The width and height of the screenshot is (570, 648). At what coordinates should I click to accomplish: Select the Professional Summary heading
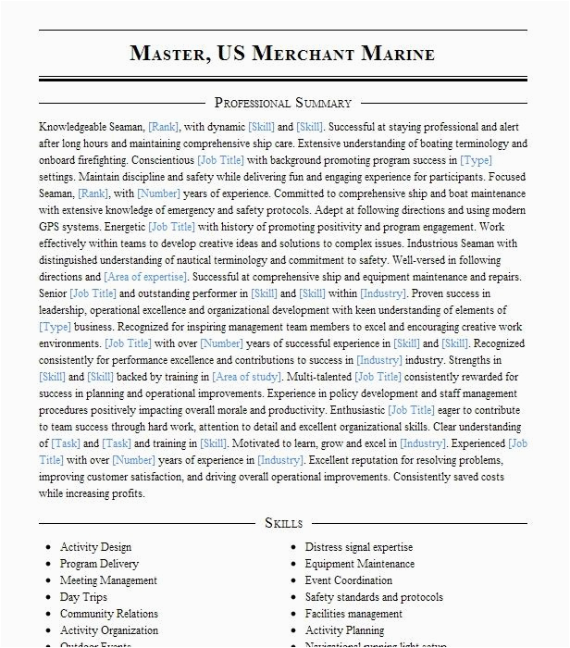point(283,103)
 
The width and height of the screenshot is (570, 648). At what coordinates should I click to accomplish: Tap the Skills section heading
point(284,523)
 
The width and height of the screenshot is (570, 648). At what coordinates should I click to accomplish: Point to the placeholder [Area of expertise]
point(144,277)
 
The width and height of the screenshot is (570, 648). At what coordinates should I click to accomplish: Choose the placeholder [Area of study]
point(247,377)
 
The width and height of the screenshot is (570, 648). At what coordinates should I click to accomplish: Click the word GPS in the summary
point(52,227)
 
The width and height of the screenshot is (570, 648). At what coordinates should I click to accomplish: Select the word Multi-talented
point(319,377)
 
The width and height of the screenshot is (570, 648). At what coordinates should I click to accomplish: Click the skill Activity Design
point(95,547)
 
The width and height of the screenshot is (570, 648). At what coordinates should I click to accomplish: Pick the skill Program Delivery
point(99,564)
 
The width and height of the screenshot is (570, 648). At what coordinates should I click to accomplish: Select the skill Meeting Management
point(108,580)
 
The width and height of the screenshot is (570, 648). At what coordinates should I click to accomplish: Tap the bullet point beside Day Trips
point(49,597)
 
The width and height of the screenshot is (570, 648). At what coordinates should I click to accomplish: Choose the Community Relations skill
point(109,614)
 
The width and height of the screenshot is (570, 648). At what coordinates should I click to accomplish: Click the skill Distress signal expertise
point(359,547)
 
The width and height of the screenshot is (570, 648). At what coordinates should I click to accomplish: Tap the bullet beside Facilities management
point(294,614)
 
